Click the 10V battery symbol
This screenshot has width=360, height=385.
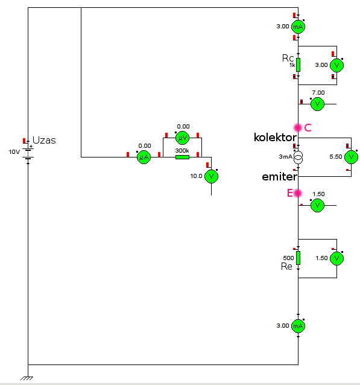28,153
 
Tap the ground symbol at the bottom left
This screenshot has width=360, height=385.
27,378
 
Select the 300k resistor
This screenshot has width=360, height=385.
182,157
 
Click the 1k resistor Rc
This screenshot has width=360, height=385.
298,65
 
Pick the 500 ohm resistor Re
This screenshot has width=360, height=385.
298,258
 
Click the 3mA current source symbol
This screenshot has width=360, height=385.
298,157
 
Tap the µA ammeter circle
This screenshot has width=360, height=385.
144,157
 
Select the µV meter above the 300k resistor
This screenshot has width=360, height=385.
182,138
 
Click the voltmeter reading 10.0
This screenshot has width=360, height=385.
211,176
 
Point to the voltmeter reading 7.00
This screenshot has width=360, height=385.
317,104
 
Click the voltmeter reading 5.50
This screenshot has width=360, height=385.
351,157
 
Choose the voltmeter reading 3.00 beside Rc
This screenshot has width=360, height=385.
336,65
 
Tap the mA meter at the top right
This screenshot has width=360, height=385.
298,27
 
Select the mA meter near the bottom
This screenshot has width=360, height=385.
298,326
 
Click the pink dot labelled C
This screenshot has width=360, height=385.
298,127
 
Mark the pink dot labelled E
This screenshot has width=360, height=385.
298,193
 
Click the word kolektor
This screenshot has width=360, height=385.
275,138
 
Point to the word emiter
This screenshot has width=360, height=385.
280,177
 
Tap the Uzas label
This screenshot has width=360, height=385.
44,140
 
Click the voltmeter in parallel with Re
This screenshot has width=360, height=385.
336,258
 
